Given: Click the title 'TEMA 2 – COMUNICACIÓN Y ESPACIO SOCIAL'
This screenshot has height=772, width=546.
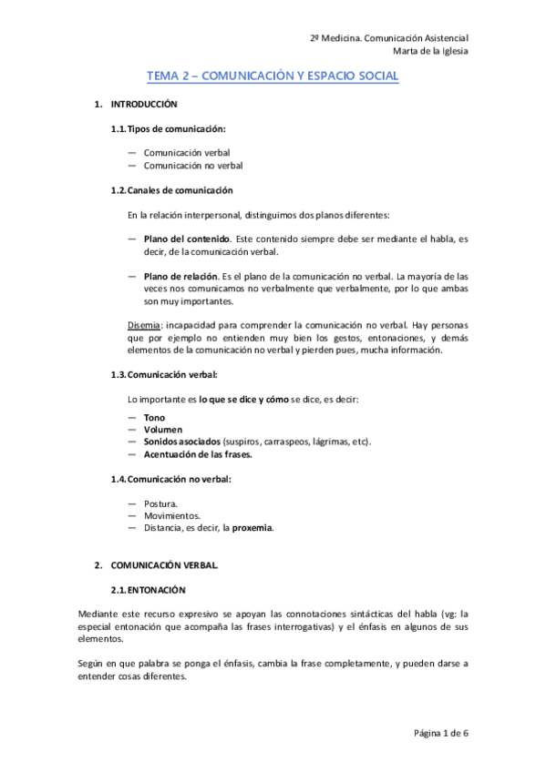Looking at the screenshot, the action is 273,77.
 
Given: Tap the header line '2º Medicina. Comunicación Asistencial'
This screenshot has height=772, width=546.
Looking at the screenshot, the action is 389,38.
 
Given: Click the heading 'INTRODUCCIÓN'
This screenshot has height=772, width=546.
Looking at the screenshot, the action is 144,105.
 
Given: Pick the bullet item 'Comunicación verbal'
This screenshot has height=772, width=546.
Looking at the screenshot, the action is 187,154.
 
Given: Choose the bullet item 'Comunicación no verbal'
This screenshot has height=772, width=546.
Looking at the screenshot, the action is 193,166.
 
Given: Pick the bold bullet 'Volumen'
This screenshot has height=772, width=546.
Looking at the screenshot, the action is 163,429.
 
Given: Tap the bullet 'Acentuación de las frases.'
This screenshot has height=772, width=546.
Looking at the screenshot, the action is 198,453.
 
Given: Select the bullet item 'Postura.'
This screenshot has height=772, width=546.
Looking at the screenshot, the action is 160,503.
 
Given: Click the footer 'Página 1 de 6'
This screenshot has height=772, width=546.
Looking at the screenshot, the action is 440,732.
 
